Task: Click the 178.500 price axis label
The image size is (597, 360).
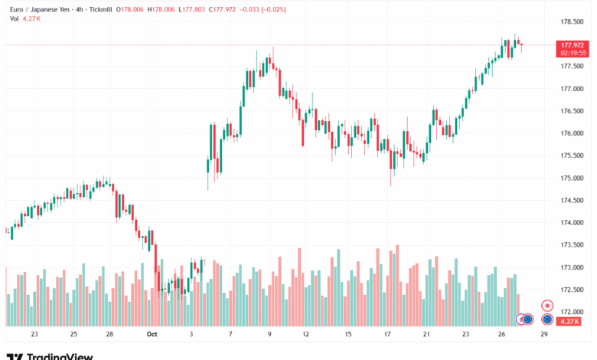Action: pos(573,21)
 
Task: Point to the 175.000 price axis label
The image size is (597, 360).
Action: pos(573,178)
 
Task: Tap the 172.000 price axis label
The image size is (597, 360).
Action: pos(573,313)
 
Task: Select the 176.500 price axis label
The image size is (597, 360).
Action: pos(573,111)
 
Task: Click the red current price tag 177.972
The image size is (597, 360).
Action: pos(573,45)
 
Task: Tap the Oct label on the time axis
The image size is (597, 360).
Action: pos(152,334)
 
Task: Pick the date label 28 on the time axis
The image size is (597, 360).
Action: pos(109,334)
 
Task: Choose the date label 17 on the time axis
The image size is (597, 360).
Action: pos(389,334)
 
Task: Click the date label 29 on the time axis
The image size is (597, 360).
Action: pos(543,334)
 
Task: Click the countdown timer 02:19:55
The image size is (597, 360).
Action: pos(573,53)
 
